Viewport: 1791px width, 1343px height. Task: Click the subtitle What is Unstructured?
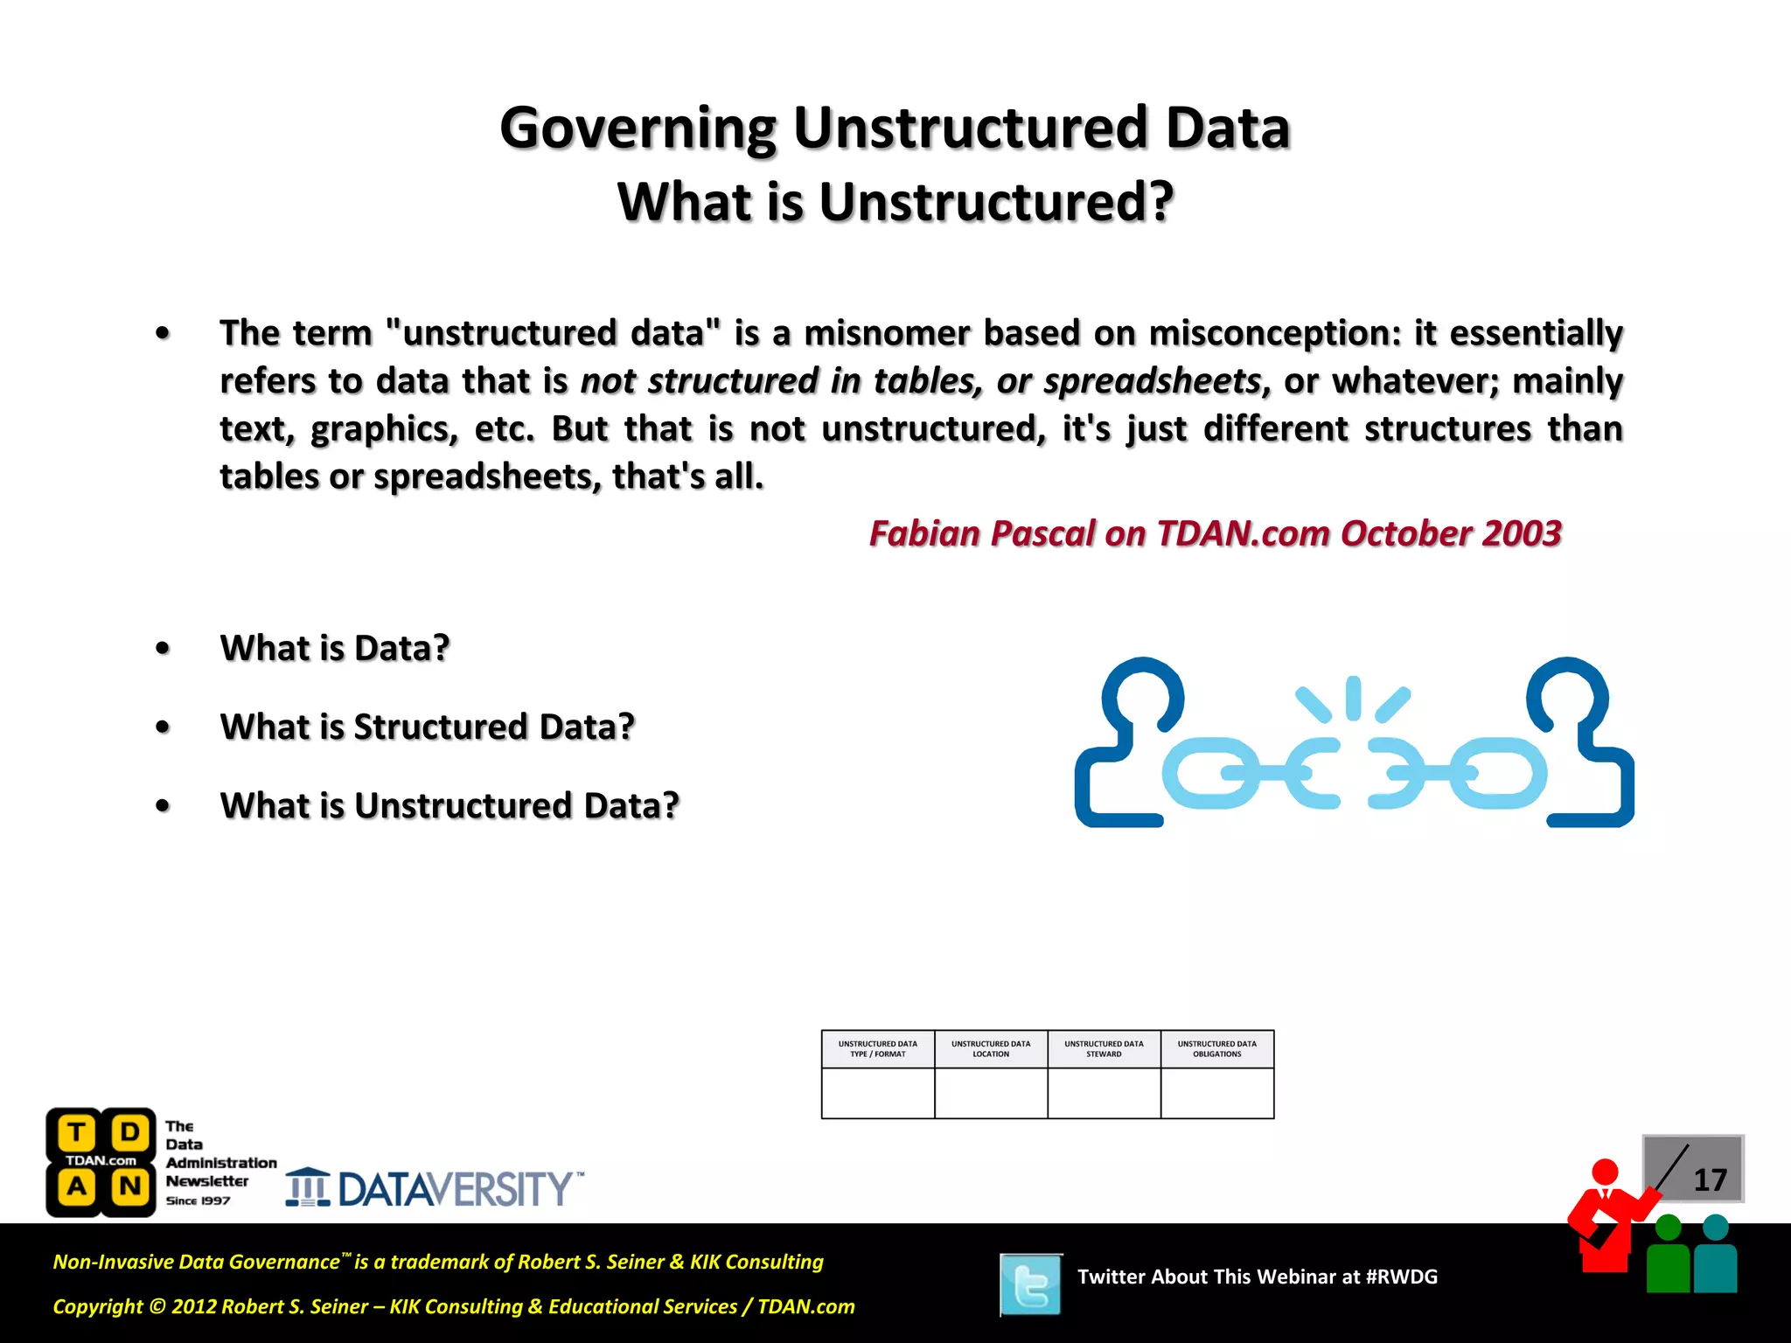click(x=895, y=203)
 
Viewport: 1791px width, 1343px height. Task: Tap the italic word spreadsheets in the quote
click(x=1152, y=382)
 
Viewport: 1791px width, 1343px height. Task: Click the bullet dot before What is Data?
click(x=163, y=649)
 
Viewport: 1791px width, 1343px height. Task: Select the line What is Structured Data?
click(x=427, y=727)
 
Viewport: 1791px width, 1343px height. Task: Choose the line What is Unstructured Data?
click(x=449, y=806)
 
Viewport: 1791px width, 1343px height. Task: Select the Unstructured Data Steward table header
click(x=1104, y=1049)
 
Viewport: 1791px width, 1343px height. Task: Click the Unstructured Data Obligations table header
click(x=1216, y=1049)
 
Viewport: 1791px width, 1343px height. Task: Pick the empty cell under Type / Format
click(x=878, y=1093)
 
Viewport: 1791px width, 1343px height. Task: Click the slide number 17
click(x=1710, y=1180)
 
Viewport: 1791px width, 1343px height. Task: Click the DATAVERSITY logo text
click(x=455, y=1190)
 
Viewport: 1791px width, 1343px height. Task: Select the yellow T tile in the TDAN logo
click(x=77, y=1133)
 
